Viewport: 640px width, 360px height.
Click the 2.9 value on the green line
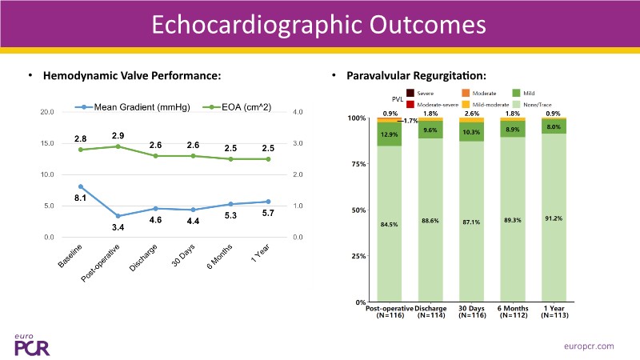coord(118,135)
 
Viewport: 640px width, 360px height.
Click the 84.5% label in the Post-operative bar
coord(389,225)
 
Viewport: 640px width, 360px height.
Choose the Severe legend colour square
coord(410,94)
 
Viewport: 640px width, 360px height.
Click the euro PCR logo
coord(31,343)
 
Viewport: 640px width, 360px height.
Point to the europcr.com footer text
coord(587,345)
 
